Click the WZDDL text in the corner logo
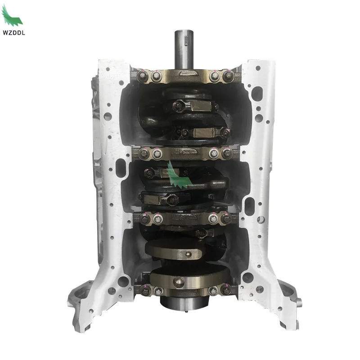coord(14,32)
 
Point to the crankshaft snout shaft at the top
coord(182,49)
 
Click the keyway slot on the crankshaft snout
coord(186,40)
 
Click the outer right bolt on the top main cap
coord(228,76)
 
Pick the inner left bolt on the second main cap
coord(157,154)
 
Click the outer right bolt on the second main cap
coord(227,153)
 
